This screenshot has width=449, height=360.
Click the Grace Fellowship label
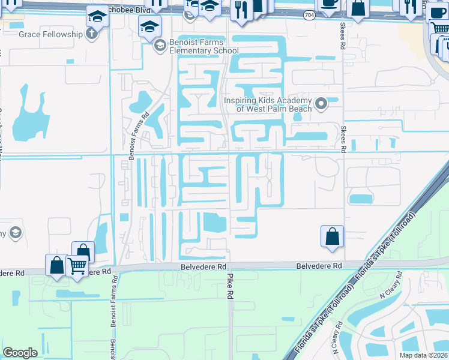coord(50,34)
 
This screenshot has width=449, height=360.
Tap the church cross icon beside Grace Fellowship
coord(91,34)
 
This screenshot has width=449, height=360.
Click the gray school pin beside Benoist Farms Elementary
coord(160,46)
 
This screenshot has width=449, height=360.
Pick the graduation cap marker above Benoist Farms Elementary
coord(150,26)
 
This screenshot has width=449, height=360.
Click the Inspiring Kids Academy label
coord(268,104)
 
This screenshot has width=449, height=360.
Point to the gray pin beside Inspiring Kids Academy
coord(321,104)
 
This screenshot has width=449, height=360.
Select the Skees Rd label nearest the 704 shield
coord(343,38)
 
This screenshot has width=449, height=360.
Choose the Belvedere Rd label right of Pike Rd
coord(319,265)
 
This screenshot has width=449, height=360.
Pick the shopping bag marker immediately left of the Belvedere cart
coord(56,264)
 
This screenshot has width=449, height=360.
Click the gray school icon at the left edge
coord(16,232)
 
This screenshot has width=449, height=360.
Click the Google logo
coord(20,352)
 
